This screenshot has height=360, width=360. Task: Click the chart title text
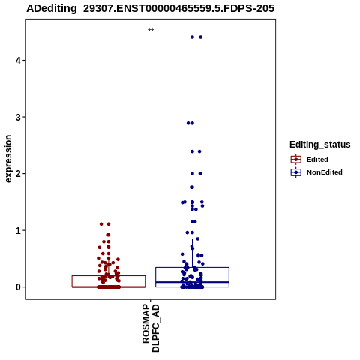pos(151,8)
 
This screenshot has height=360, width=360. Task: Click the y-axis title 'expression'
pos(8,159)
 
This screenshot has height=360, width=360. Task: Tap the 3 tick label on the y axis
pos(18,117)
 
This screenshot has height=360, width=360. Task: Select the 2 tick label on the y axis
pos(18,174)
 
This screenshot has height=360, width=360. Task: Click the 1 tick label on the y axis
pos(18,230)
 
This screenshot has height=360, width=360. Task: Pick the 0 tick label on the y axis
pos(18,287)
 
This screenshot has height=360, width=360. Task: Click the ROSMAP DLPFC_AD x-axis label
pos(151,328)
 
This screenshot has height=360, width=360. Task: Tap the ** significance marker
pos(151,31)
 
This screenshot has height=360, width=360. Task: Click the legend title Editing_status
pos(320,145)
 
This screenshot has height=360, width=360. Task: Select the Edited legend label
pos(317,160)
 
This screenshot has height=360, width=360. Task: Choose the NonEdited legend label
pos(325,172)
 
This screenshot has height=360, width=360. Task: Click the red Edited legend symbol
pos(296,160)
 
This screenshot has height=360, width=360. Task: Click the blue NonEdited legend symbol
pos(296,172)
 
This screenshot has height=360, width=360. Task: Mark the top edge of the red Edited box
pos(109,276)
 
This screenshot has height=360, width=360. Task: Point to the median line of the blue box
pos(192,282)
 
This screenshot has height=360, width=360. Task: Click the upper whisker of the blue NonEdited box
pos(192,253)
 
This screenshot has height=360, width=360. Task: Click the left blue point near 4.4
pos(192,37)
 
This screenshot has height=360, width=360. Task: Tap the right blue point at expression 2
pos(200,174)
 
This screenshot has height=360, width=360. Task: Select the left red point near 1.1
pos(101,224)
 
